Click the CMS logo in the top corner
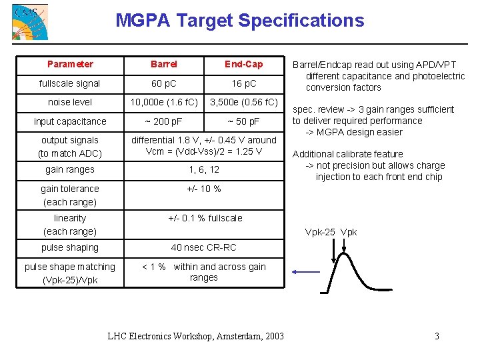pos(30,21)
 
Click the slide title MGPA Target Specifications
pos(240,21)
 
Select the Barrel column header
pos(164,64)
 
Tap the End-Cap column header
pos(243,64)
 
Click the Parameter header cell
pos(70,64)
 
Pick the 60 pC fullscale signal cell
pos(164,83)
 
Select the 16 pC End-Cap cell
pos(243,83)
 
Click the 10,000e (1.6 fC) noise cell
pos(164,103)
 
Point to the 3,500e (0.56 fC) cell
pos(244,103)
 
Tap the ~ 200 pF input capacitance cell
pos(164,121)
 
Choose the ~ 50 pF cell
pos(243,121)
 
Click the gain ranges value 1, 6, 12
pos(204,169)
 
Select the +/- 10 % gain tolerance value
pos(204,189)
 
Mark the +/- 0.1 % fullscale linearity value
pos(205,218)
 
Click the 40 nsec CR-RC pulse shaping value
pos(204,247)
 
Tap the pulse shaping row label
pos(70,247)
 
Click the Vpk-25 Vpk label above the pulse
pos(331,232)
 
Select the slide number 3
pos(437,336)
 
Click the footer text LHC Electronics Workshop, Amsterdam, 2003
pos(195,336)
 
